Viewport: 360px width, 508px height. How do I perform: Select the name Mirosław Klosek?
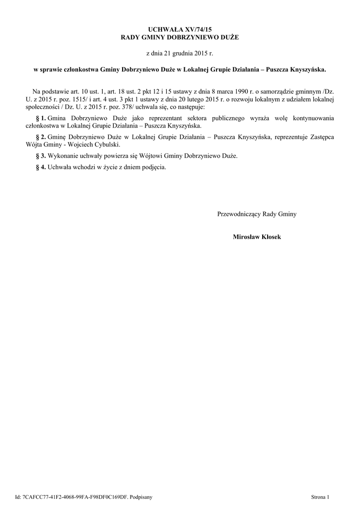[x=257, y=237]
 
